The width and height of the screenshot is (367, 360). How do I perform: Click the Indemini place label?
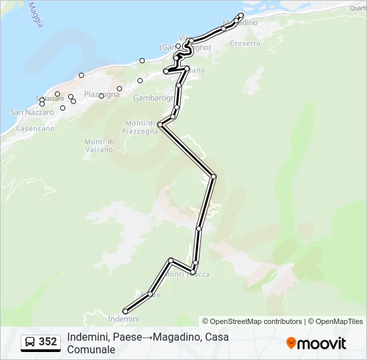(x=118, y=319)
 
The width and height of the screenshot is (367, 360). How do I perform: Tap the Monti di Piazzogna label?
(x=140, y=127)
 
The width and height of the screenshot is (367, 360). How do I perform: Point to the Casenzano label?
(x=35, y=128)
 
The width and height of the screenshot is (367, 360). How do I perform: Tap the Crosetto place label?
(x=245, y=43)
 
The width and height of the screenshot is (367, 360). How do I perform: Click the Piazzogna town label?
(x=101, y=94)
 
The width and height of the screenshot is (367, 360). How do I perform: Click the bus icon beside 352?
(x=30, y=342)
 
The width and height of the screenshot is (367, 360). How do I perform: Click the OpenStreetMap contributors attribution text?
(x=256, y=321)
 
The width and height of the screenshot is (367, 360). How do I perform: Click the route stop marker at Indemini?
(x=125, y=311)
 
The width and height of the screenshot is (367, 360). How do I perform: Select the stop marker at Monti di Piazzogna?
(x=160, y=124)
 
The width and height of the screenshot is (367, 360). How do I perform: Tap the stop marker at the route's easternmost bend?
(x=214, y=176)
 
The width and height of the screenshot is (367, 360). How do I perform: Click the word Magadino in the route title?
(x=175, y=337)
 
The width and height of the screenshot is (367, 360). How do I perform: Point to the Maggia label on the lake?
(x=35, y=15)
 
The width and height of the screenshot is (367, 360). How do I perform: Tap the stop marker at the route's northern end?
(x=242, y=15)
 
